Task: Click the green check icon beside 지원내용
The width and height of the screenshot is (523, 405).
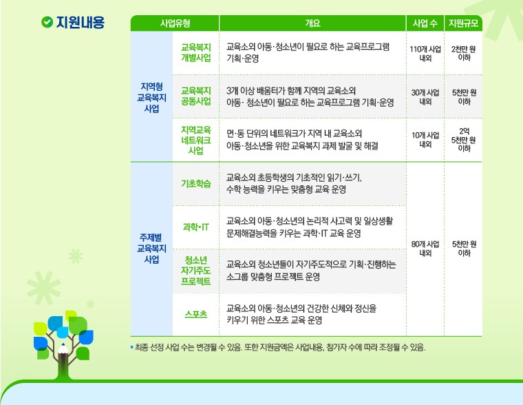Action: [47, 22]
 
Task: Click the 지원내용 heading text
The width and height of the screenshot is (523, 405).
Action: [80, 22]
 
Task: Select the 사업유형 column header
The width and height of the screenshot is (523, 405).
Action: [175, 23]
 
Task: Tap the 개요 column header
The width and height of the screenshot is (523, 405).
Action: [312, 23]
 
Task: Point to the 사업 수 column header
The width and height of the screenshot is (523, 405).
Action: [425, 23]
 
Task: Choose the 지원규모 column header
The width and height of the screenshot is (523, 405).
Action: [463, 23]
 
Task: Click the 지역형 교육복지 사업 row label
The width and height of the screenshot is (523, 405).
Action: [152, 98]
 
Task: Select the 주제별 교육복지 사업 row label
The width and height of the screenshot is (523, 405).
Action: [152, 248]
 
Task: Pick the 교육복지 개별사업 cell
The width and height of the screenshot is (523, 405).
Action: [196, 52]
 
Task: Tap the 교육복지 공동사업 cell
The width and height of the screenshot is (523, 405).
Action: [196, 96]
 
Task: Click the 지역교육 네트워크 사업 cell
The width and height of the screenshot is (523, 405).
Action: [196, 140]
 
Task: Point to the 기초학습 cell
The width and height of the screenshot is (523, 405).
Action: [196, 184]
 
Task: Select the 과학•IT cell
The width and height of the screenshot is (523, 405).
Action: [196, 227]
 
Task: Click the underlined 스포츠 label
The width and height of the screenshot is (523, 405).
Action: [196, 314]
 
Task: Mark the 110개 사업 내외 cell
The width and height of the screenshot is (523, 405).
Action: [425, 54]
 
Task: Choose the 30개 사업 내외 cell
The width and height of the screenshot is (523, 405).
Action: [425, 97]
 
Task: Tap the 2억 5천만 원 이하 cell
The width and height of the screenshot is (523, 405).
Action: [464, 140]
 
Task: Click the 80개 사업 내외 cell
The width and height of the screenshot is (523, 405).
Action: [425, 249]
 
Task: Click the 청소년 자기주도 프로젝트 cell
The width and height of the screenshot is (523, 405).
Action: [196, 271]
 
